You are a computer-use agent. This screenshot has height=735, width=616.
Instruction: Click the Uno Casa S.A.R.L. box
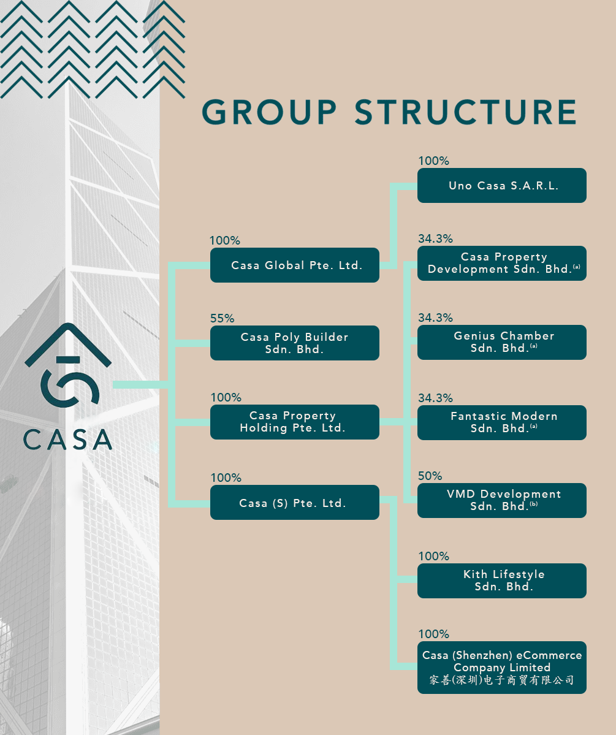[501, 185]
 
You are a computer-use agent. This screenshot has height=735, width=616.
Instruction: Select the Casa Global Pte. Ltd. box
[294, 265]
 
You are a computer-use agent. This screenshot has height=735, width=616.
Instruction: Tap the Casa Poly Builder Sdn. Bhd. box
[294, 343]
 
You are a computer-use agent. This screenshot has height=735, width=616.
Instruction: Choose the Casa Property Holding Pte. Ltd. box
[294, 422]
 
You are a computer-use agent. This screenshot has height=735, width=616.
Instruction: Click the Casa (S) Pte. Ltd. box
[294, 503]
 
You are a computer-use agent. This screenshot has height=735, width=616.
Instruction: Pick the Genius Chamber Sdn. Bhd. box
[501, 342]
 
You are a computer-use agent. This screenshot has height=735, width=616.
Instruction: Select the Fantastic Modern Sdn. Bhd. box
[501, 422]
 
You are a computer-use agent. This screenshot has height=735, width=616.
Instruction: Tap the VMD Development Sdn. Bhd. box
[501, 500]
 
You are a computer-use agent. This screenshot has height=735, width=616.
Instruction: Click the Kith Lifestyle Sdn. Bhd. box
[501, 581]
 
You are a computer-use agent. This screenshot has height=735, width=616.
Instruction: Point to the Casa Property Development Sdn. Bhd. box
[501, 263]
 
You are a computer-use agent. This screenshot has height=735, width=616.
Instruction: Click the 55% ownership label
[222, 318]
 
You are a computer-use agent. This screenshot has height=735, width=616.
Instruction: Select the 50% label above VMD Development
[430, 476]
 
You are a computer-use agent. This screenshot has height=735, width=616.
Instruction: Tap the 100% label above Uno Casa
[433, 161]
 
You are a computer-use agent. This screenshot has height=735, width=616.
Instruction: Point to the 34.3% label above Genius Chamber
[435, 318]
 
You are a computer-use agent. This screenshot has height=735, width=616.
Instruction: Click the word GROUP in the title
[270, 112]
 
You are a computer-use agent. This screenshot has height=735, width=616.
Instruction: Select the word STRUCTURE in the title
[466, 112]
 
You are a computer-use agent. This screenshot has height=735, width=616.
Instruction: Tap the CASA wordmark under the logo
[67, 439]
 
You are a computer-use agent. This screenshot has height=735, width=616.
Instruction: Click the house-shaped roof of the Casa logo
[67, 343]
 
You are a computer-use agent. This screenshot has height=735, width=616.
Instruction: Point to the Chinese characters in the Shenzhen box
[501, 680]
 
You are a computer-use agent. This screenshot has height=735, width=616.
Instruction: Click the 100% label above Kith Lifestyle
[433, 556]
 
